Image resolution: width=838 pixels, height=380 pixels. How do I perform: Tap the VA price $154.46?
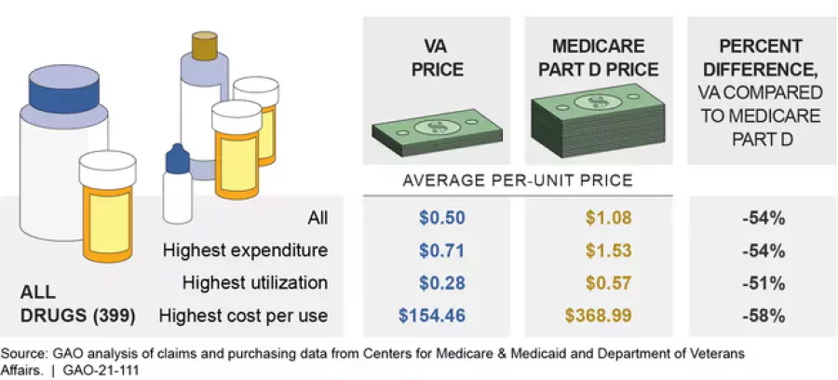click(436, 316)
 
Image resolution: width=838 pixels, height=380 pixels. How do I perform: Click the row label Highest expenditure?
click(245, 251)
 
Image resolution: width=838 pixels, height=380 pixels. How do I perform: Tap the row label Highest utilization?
click(255, 283)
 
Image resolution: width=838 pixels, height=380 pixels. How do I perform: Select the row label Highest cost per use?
click(244, 316)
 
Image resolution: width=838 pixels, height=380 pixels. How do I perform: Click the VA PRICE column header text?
click(436, 58)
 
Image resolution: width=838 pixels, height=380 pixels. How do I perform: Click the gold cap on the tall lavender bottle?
click(204, 44)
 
